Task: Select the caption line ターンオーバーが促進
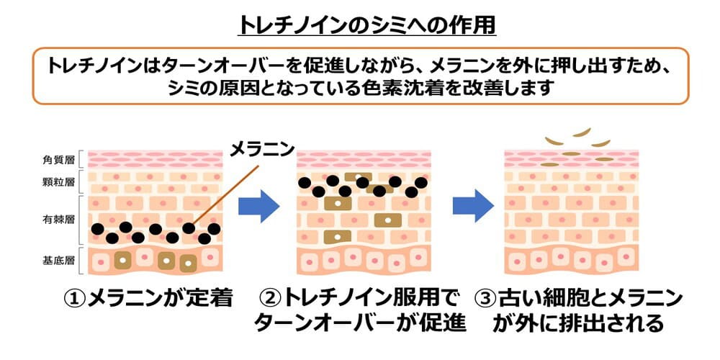pos(360,323)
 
